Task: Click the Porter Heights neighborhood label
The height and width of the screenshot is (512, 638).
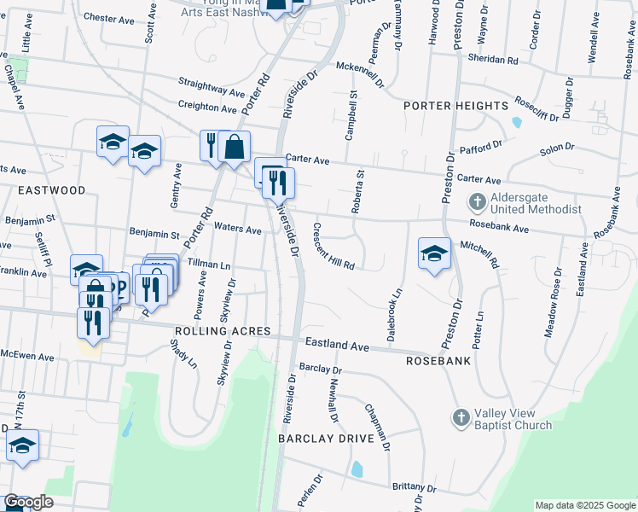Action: (x=456, y=106)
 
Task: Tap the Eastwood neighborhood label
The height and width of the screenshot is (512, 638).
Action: (x=51, y=190)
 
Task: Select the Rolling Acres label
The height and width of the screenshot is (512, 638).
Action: (x=223, y=331)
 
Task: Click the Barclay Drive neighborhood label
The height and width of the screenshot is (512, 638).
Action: (x=326, y=439)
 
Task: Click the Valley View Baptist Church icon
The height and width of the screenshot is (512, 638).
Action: (x=460, y=418)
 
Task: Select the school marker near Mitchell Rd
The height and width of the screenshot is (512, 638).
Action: (x=434, y=253)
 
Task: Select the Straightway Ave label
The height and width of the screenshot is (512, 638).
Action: (x=211, y=89)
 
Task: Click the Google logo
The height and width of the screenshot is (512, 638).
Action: (x=28, y=502)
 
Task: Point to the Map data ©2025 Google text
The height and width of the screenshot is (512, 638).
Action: (x=583, y=505)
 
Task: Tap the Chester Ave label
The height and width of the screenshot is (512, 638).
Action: (x=112, y=17)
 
